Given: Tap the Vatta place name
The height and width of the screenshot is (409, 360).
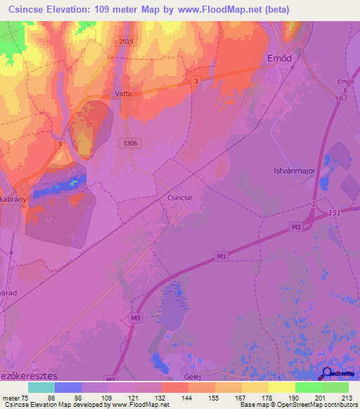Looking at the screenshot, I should click(x=122, y=93).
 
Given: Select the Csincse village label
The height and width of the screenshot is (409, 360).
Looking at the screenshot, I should click(x=180, y=198).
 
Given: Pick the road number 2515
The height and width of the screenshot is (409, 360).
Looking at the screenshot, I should click(x=126, y=42).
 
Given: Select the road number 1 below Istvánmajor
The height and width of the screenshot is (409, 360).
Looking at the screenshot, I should click(x=312, y=204).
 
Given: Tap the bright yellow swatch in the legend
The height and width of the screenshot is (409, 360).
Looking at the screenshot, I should click(x=281, y=387).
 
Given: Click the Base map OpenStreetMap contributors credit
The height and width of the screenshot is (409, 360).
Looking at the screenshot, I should click(x=296, y=404).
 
